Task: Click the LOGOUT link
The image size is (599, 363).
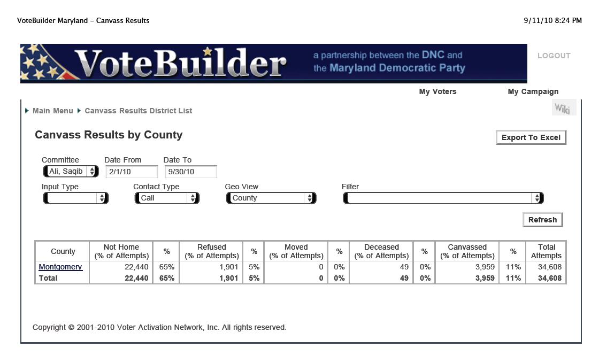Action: (554, 56)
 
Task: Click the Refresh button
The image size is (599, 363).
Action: (542, 220)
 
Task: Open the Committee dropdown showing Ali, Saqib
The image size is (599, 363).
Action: (71, 171)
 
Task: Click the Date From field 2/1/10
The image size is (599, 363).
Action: (132, 172)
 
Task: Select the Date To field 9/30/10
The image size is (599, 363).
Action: (190, 172)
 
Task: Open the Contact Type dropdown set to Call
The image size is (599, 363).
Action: (166, 198)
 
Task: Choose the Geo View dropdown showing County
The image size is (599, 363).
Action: (271, 198)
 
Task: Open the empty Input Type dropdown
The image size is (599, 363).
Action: (75, 198)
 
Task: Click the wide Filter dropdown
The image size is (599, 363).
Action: (443, 198)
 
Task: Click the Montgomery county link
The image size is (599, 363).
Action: (60, 267)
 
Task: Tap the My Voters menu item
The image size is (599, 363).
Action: (437, 91)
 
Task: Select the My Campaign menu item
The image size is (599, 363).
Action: (533, 91)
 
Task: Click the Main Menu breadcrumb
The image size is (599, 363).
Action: (52, 111)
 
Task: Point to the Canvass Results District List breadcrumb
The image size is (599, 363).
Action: (138, 111)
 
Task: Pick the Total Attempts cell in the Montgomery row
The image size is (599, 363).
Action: (546, 267)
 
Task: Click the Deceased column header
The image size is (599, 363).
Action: (381, 251)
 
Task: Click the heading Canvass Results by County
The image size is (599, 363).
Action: (109, 135)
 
